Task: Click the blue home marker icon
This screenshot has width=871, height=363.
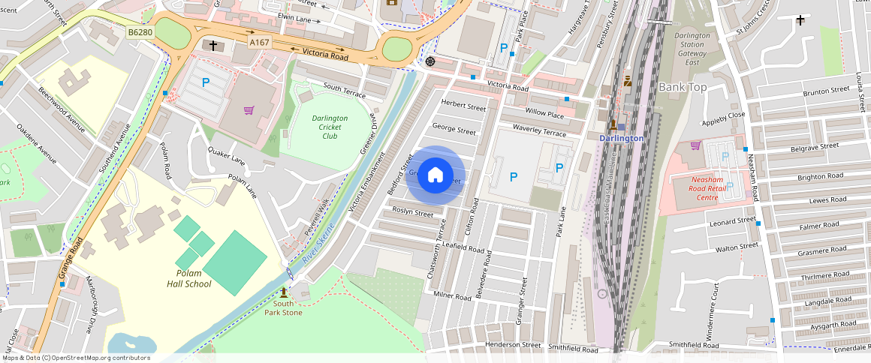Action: (x=435, y=175)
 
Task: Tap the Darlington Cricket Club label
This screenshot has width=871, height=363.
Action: (x=330, y=127)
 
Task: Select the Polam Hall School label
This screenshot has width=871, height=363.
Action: (x=188, y=278)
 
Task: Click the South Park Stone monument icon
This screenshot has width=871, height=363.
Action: (x=284, y=292)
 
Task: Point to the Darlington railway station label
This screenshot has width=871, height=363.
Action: (x=621, y=138)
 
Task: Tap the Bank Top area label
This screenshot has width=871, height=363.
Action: (x=683, y=88)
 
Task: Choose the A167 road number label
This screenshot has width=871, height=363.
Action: (x=260, y=43)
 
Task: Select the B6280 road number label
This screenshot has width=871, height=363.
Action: (x=140, y=33)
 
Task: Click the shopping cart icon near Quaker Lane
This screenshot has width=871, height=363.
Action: (x=249, y=110)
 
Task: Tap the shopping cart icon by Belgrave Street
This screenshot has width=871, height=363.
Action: (x=695, y=145)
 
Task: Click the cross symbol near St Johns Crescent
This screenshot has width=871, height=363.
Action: (x=800, y=20)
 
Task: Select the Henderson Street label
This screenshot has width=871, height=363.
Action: (x=513, y=345)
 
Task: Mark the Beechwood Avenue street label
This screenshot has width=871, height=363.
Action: (x=62, y=107)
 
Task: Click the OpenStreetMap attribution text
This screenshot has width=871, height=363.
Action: (x=75, y=358)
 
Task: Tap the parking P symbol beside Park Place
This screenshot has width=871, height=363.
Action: (x=504, y=47)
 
